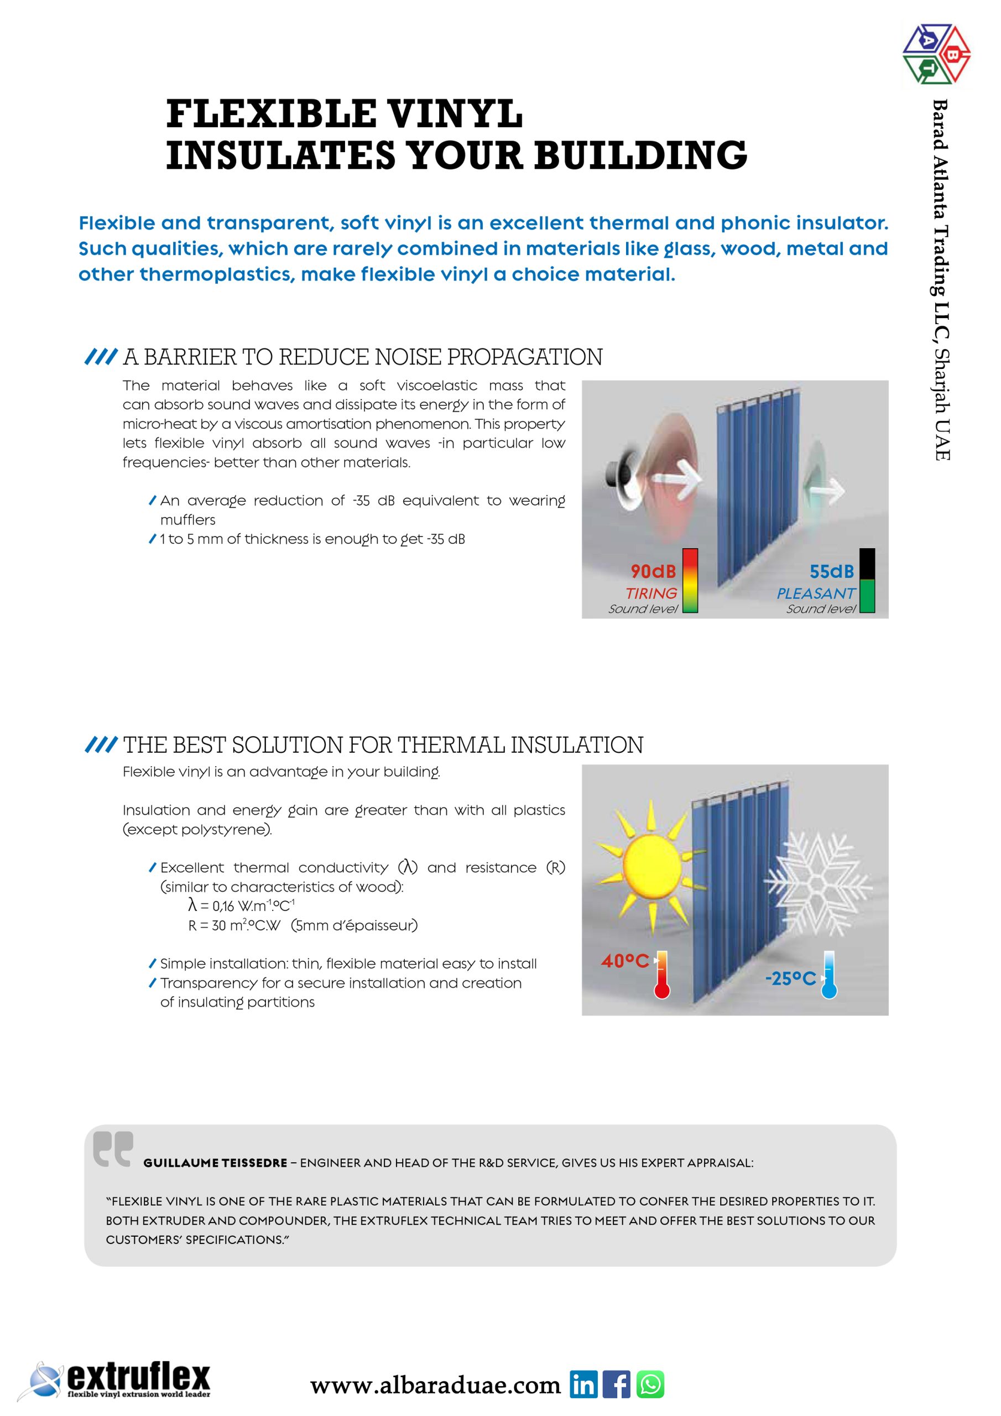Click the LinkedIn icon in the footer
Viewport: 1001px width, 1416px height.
(x=583, y=1384)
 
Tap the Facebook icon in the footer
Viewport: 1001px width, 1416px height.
(x=616, y=1384)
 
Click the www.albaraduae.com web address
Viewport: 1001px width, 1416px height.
(x=435, y=1385)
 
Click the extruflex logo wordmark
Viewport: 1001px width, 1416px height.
(x=138, y=1377)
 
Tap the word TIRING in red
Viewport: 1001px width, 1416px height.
(x=651, y=594)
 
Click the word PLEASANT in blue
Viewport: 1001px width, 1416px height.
(x=815, y=594)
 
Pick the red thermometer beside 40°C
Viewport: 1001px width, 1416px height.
(x=662, y=975)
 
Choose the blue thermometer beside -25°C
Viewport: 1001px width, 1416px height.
(x=829, y=975)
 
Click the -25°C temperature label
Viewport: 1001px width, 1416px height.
(x=790, y=978)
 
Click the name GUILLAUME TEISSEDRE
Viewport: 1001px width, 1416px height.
(x=215, y=1163)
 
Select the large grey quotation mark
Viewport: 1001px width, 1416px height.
(x=113, y=1148)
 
